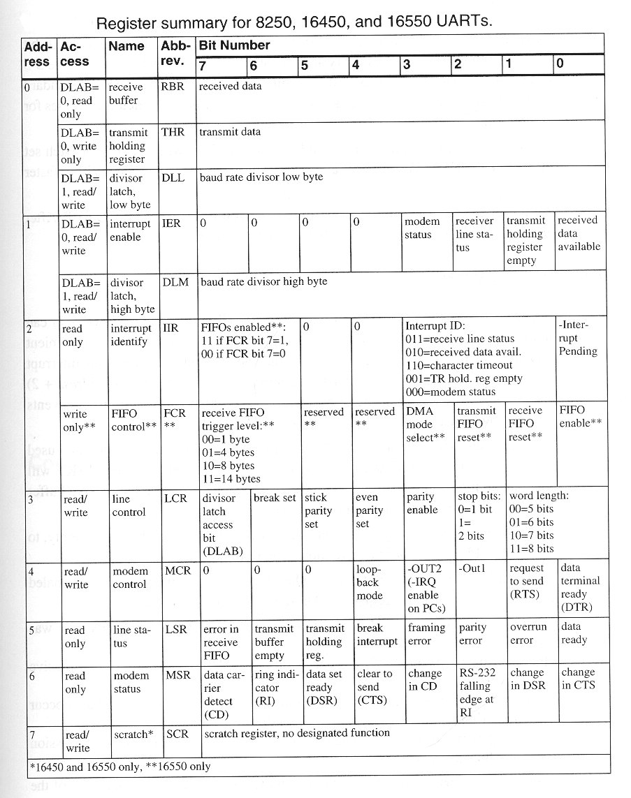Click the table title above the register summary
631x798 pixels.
click(x=293, y=22)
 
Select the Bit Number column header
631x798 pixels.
click(x=235, y=45)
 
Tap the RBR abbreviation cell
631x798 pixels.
click(x=173, y=87)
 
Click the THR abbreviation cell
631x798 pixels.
click(x=173, y=133)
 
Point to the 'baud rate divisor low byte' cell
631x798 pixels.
click(x=261, y=177)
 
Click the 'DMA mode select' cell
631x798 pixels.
click(x=426, y=424)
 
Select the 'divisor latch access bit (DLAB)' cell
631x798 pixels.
click(x=222, y=524)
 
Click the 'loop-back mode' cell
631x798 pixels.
click(x=370, y=582)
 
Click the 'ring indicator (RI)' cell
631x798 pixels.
click(x=274, y=687)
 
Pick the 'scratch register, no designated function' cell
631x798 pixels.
click(x=297, y=733)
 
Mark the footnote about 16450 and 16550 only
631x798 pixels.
click(x=119, y=767)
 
